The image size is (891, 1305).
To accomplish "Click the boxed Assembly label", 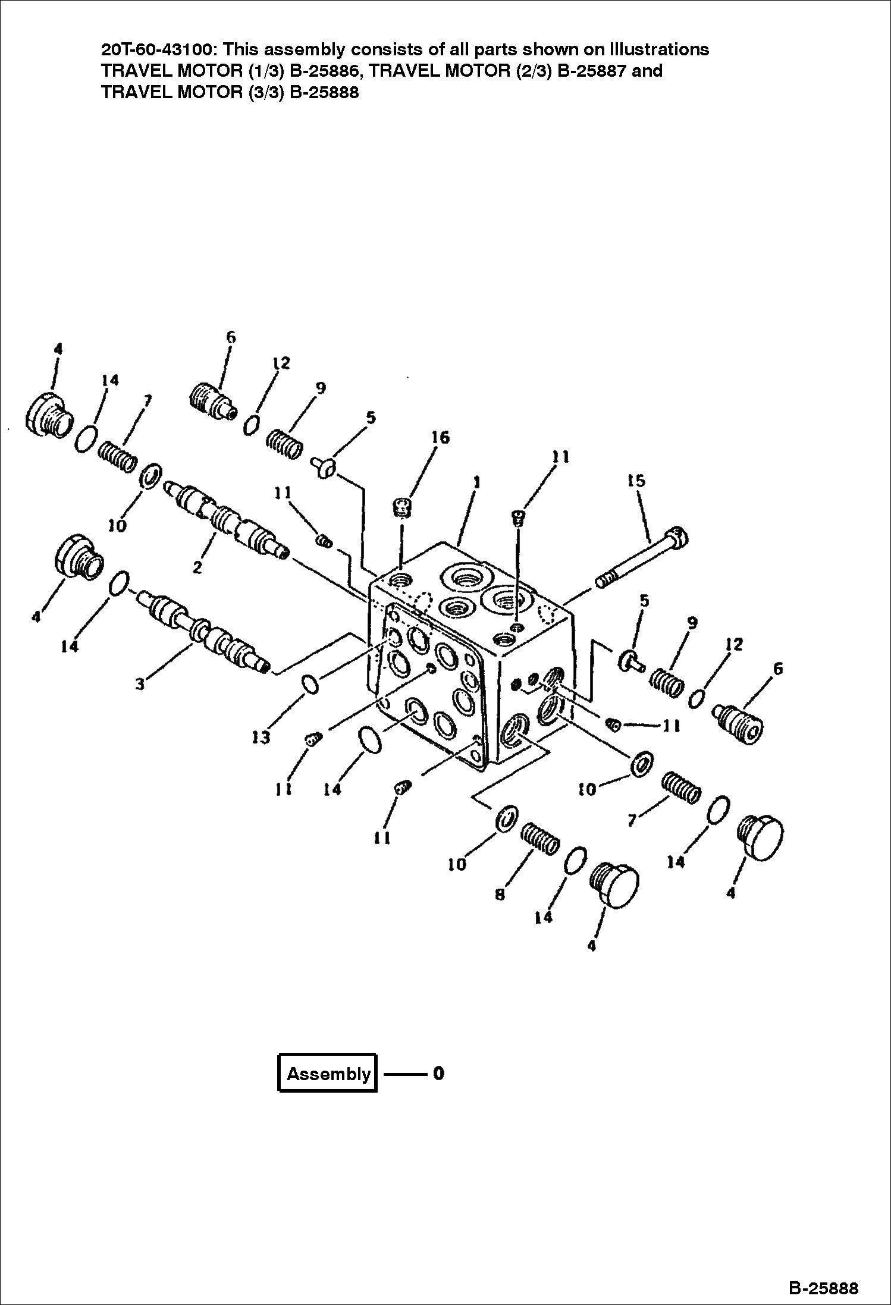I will pyautogui.click(x=328, y=1074).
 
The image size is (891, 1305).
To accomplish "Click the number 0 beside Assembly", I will pyautogui.click(x=438, y=1073).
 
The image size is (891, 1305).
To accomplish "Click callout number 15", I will pyautogui.click(x=636, y=480).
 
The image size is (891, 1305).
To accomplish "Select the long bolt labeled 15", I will pyautogui.click(x=642, y=557).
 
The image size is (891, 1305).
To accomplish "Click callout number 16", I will pyautogui.click(x=441, y=438).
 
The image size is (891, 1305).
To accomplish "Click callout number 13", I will pyautogui.click(x=261, y=738).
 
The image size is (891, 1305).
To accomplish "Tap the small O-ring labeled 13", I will pyautogui.click(x=310, y=685).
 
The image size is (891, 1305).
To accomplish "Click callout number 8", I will pyautogui.click(x=500, y=893).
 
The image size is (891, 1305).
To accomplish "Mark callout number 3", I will pyautogui.click(x=140, y=684).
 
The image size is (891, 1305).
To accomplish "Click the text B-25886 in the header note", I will pyautogui.click(x=318, y=71).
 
